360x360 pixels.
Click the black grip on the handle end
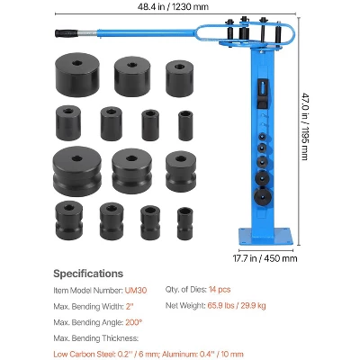(67, 33)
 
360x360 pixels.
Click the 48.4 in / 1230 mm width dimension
(173, 6)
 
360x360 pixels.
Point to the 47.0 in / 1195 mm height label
(304, 126)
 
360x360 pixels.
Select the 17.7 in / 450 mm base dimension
(265, 258)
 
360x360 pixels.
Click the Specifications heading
(88, 274)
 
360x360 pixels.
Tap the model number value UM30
(136, 291)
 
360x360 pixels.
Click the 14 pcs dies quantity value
(220, 290)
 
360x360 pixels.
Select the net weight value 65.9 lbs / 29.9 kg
(237, 306)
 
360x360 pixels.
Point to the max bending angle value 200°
(133, 322)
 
